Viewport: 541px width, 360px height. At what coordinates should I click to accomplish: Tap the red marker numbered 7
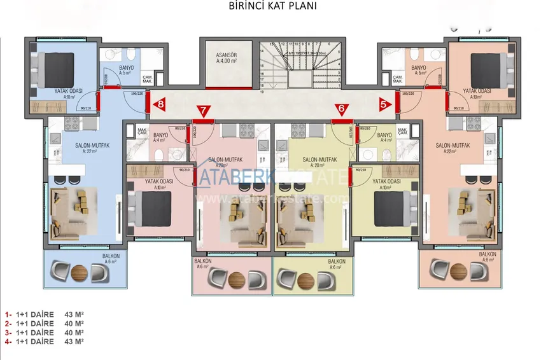pos(203,110)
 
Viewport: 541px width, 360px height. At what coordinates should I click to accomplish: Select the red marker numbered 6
pos(342,109)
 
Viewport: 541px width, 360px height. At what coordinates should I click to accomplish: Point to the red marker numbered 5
pos(384,103)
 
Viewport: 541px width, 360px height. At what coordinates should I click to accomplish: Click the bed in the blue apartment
pos(57,66)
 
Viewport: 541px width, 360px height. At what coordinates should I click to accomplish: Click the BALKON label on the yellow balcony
pos(336,262)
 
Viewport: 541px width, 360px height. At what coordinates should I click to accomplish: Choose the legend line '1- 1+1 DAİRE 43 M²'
pos(45,314)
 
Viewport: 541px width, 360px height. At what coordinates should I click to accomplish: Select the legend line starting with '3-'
pos(45,332)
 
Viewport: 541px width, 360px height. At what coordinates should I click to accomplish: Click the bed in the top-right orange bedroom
pos(488,66)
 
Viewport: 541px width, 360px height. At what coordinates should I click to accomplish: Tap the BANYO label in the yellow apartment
pos(384,135)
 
